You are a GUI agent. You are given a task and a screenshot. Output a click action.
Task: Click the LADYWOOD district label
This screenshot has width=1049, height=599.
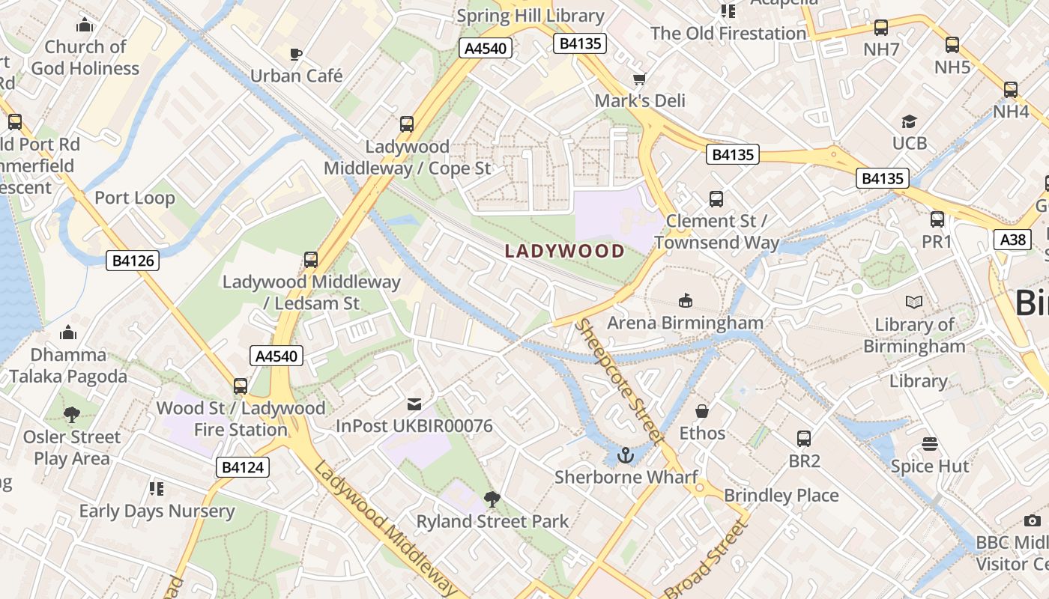[x=565, y=251]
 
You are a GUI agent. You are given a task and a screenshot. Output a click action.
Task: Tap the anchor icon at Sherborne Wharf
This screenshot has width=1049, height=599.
[x=625, y=454]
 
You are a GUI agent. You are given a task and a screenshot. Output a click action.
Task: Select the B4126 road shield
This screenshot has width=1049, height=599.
[x=133, y=261]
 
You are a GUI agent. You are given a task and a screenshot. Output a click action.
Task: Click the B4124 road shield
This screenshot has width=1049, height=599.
[x=243, y=468]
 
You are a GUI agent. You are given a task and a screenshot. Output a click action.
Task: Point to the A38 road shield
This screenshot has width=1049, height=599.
[x=1012, y=240]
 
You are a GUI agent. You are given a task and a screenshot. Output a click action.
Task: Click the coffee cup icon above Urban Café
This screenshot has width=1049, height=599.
[x=296, y=54]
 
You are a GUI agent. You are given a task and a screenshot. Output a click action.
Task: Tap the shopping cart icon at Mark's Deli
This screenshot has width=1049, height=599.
[x=639, y=79]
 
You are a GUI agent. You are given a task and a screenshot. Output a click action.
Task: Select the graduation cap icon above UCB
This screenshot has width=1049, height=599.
[x=909, y=121]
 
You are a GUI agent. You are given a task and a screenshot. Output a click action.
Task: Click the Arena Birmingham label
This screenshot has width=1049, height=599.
[x=685, y=323]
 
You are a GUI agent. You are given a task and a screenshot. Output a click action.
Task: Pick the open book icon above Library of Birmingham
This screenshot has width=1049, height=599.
[x=914, y=302]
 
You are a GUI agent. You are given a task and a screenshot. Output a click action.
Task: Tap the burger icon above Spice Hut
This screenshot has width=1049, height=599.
[x=930, y=444]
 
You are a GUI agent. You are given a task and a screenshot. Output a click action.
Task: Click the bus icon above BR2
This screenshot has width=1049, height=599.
[x=804, y=439]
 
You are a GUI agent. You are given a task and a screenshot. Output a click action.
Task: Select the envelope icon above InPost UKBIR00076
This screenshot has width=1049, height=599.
[x=414, y=404]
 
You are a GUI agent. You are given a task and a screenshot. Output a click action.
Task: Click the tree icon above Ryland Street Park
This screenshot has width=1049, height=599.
[x=492, y=499]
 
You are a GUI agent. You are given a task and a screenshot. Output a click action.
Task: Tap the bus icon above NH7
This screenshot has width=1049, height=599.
[x=881, y=28]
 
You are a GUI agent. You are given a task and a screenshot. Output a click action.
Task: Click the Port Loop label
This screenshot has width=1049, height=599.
[x=135, y=198]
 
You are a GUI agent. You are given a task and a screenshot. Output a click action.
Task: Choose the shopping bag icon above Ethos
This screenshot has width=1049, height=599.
[x=702, y=411]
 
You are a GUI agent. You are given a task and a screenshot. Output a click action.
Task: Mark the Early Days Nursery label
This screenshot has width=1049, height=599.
[x=157, y=511]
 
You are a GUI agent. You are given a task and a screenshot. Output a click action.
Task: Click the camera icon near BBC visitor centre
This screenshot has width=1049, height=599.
[x=1032, y=520]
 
